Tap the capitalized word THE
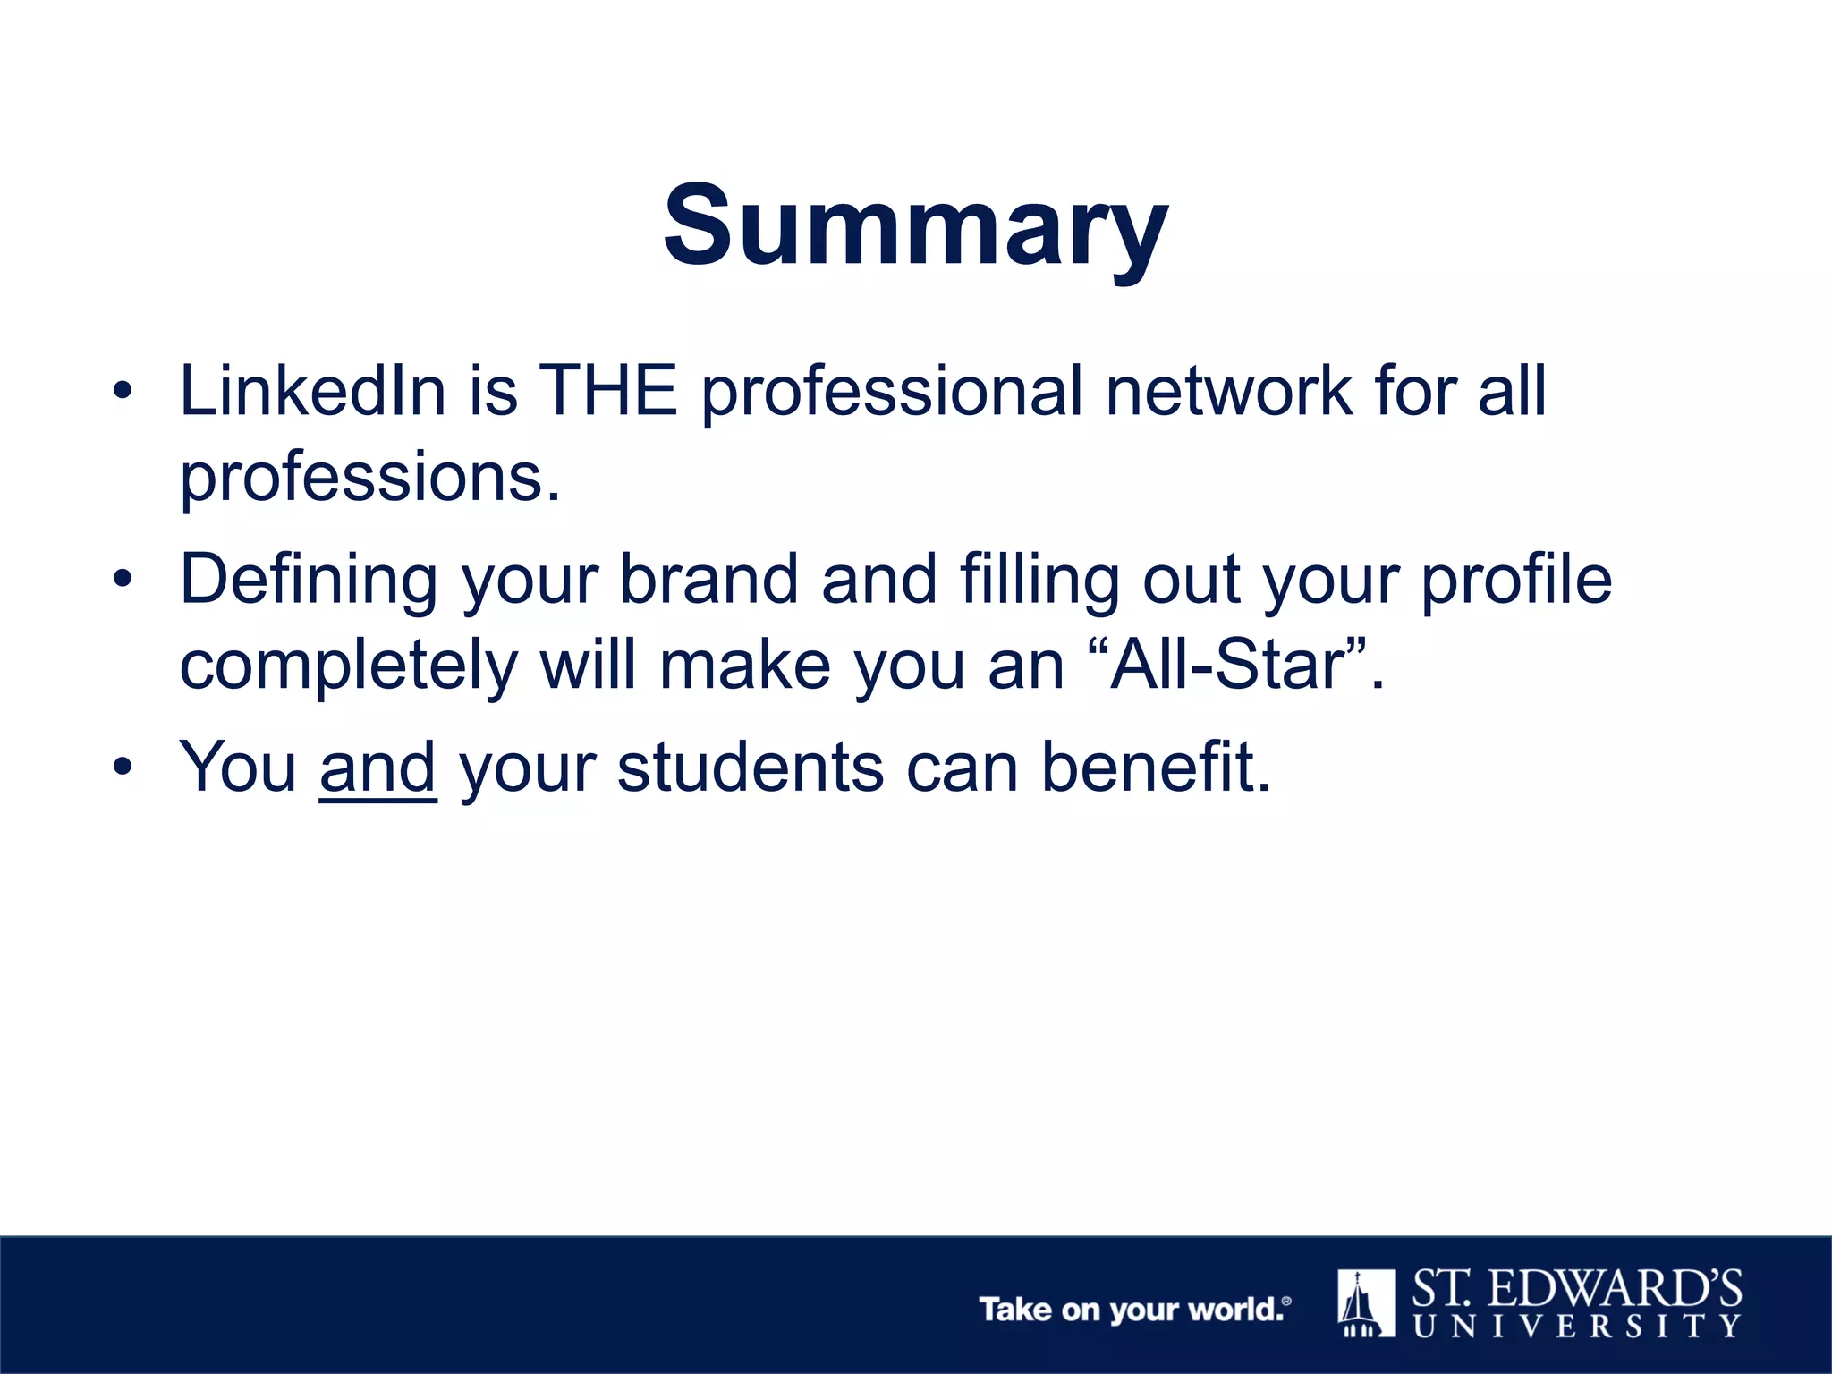click(x=609, y=391)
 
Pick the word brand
click(x=708, y=579)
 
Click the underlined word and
click(x=377, y=768)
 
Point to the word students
click(x=750, y=768)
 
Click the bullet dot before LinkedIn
click(x=123, y=392)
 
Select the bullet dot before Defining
click(x=123, y=580)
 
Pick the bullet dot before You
click(x=123, y=768)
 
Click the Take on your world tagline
click(x=1134, y=1310)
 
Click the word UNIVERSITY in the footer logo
click(x=1576, y=1325)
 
